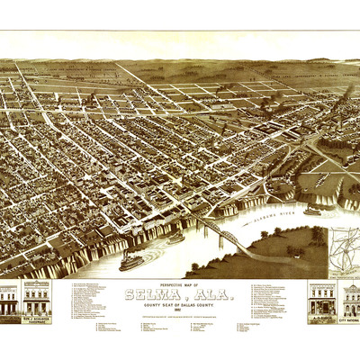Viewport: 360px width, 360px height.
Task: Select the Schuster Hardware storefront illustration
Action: point(37,298)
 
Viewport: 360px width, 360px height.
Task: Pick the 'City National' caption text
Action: point(349,319)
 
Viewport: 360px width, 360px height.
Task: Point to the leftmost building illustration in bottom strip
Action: point(9,300)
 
